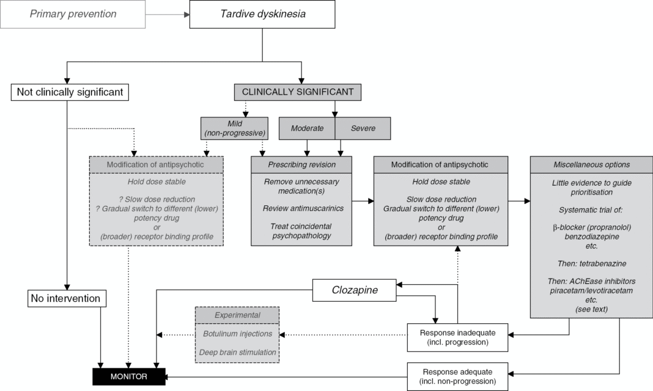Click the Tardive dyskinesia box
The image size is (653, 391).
click(262, 14)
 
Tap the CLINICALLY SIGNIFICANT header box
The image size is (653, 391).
click(298, 92)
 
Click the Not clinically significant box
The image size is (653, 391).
click(67, 93)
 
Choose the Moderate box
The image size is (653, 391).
click(307, 128)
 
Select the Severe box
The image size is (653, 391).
click(363, 128)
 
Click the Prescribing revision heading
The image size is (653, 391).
click(301, 164)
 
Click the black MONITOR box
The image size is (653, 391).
click(128, 376)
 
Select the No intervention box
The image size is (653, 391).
click(67, 299)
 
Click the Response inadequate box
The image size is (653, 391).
click(458, 337)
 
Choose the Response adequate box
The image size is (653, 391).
click(458, 375)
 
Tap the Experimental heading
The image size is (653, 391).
click(237, 315)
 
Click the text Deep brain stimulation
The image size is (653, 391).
click(237, 352)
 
